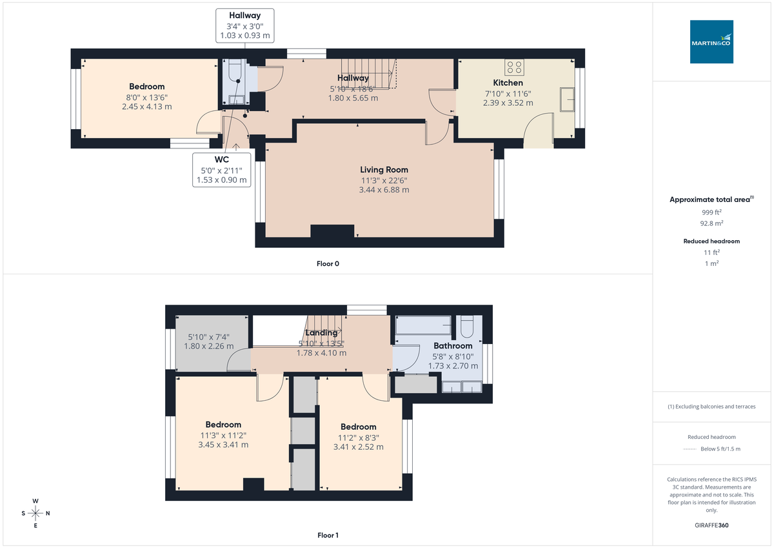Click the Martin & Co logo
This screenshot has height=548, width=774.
pos(711,42)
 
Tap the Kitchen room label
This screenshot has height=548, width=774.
pos(508,83)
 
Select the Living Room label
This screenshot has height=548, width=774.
pos(384,169)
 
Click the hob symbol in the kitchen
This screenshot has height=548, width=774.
pos(515,67)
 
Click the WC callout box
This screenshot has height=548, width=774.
pos(221,170)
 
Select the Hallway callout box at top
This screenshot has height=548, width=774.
pos(244,26)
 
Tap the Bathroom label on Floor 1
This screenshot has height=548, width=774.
pos(453,345)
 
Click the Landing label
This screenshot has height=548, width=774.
pos(321,333)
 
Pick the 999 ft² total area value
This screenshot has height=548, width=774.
pos(711,212)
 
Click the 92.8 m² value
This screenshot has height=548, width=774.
pos(711,223)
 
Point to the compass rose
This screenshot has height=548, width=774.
pos(35,513)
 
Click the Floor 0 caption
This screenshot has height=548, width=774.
pos(328,263)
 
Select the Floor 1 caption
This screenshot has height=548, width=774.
pos(328,535)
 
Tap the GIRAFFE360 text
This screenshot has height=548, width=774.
pos(711,525)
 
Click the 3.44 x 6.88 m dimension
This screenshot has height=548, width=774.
pos(384,190)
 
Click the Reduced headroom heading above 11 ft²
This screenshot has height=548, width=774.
pos(711,241)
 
